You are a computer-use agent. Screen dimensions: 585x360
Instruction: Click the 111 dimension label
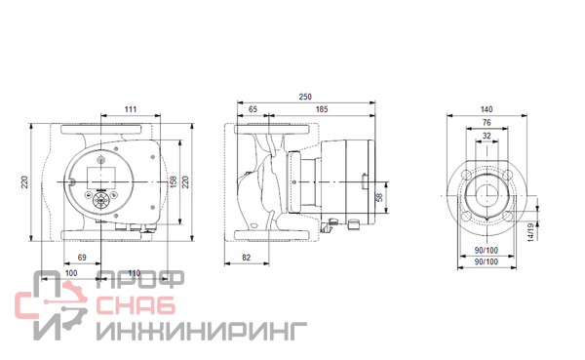(x=131, y=109)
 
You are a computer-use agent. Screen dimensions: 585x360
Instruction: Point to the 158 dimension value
(x=174, y=181)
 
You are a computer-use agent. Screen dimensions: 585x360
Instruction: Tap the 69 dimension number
(x=82, y=258)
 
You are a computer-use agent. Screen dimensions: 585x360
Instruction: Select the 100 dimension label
(x=71, y=273)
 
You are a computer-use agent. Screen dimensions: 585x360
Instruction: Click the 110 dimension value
(x=134, y=273)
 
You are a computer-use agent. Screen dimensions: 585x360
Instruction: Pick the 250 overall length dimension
(x=305, y=97)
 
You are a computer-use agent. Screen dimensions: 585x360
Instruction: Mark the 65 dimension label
(x=253, y=109)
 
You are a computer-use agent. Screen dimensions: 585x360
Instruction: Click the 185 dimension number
(x=322, y=109)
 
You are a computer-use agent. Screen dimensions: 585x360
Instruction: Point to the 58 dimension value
(x=380, y=197)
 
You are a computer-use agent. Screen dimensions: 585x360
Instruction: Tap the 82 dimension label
(x=247, y=258)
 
